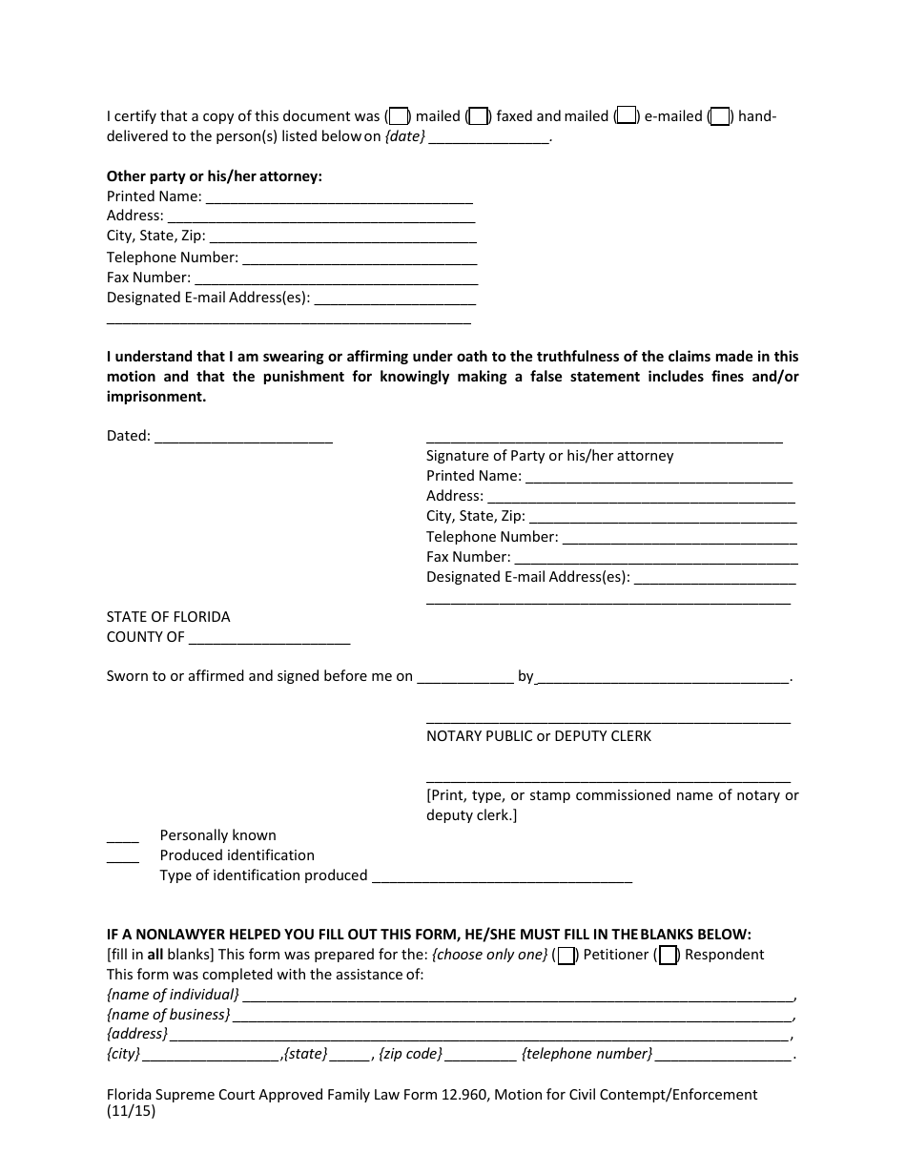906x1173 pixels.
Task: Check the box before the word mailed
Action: point(401,116)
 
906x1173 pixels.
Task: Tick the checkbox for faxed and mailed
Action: point(480,116)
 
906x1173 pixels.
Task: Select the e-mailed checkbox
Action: point(627,116)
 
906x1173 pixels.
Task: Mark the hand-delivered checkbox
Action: point(721,116)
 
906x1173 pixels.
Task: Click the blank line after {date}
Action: point(488,137)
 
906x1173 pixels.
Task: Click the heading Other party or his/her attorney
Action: point(214,175)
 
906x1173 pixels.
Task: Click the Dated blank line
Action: point(242,437)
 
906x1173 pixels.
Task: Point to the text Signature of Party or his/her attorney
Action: point(549,456)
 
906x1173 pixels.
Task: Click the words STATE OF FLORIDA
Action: point(168,617)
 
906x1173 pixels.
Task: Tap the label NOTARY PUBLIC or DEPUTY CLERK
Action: point(539,736)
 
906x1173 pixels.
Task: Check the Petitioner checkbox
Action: point(566,955)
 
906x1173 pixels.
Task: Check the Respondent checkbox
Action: point(668,955)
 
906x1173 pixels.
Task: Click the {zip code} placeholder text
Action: point(410,1054)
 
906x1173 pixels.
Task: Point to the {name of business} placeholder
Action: point(168,1015)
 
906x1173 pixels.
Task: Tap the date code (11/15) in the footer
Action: point(131,1111)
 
